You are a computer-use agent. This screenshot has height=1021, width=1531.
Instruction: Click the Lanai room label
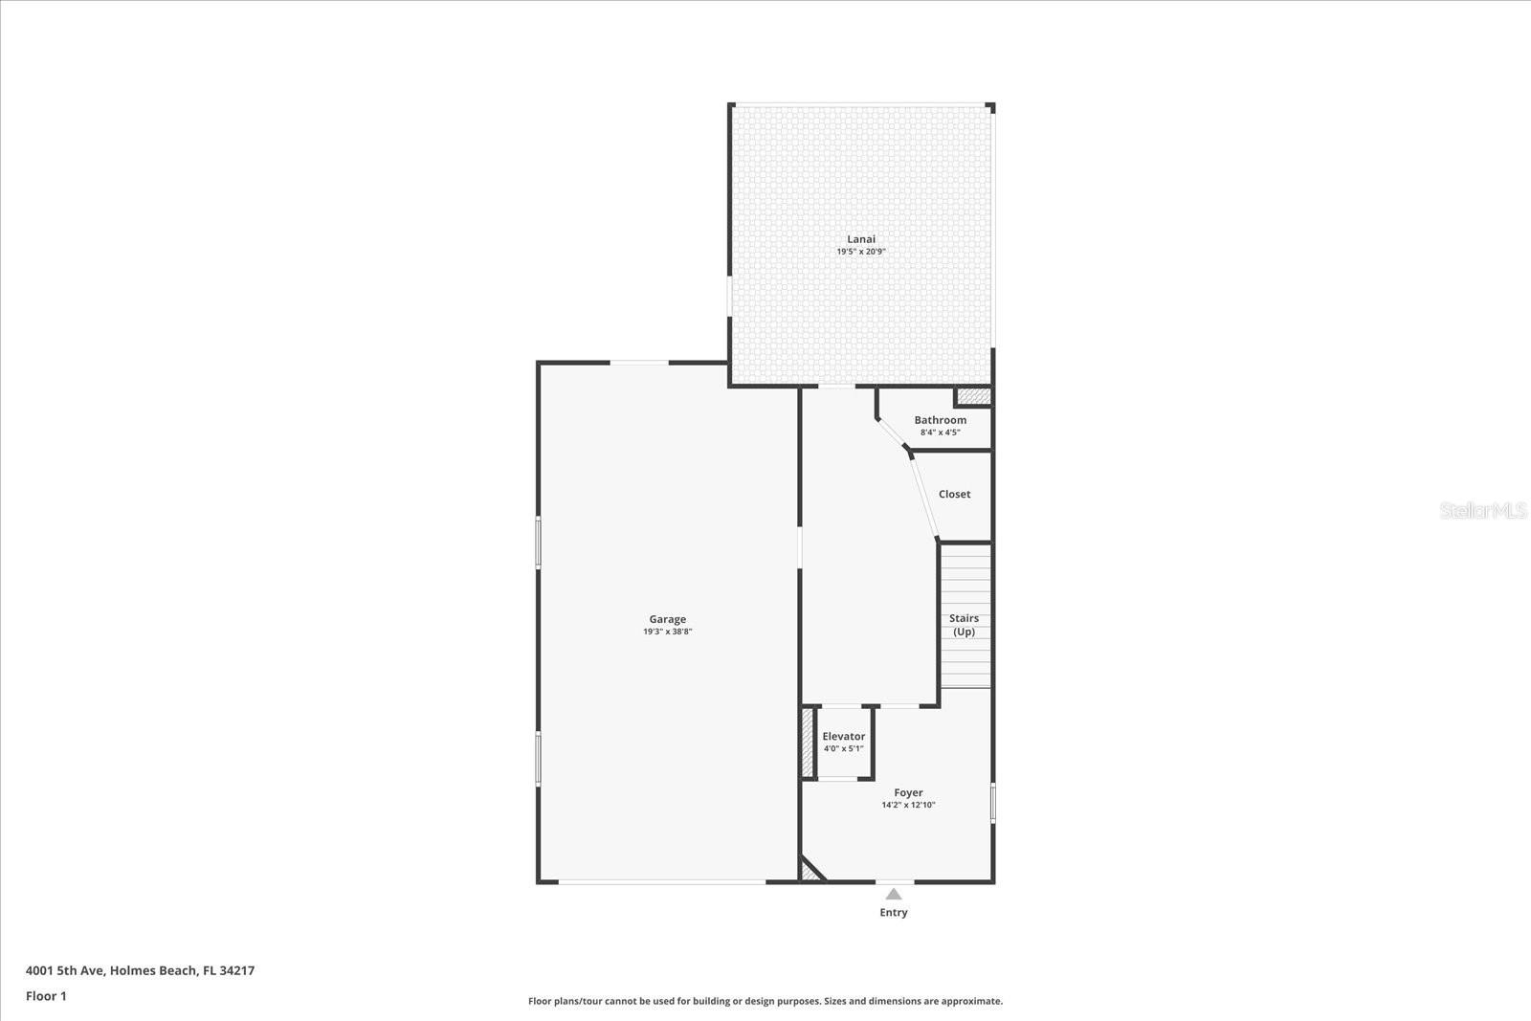(861, 239)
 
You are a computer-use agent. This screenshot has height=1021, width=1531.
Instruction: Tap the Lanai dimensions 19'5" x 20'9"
(861, 252)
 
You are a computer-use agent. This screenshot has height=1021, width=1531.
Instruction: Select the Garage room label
(668, 619)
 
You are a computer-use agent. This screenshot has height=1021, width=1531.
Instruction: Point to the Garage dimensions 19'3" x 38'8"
(668, 632)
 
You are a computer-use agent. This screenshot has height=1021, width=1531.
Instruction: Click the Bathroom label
(941, 420)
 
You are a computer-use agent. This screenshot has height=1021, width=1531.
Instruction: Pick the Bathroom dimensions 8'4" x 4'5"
(941, 433)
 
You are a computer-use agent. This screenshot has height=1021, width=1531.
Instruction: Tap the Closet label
(955, 494)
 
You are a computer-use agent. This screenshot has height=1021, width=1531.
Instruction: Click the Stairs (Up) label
(965, 625)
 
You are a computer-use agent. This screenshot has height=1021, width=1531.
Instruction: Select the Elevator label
(844, 736)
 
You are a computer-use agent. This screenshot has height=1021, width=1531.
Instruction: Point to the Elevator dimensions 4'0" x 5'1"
(844, 748)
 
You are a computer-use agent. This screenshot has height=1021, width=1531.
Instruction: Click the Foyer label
(908, 792)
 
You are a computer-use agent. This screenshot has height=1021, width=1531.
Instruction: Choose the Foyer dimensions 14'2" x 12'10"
(908, 805)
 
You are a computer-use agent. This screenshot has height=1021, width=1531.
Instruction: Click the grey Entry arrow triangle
(894, 894)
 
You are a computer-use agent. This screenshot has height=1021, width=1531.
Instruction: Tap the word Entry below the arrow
(894, 912)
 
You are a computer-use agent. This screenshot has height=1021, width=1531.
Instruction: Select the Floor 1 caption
(47, 996)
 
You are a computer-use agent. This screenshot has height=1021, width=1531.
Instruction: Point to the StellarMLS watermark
(1482, 511)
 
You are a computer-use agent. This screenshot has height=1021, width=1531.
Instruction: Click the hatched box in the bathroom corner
(974, 396)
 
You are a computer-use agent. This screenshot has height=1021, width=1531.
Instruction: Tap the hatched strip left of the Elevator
(808, 743)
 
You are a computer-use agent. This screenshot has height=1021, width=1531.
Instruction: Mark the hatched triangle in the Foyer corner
(810, 872)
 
